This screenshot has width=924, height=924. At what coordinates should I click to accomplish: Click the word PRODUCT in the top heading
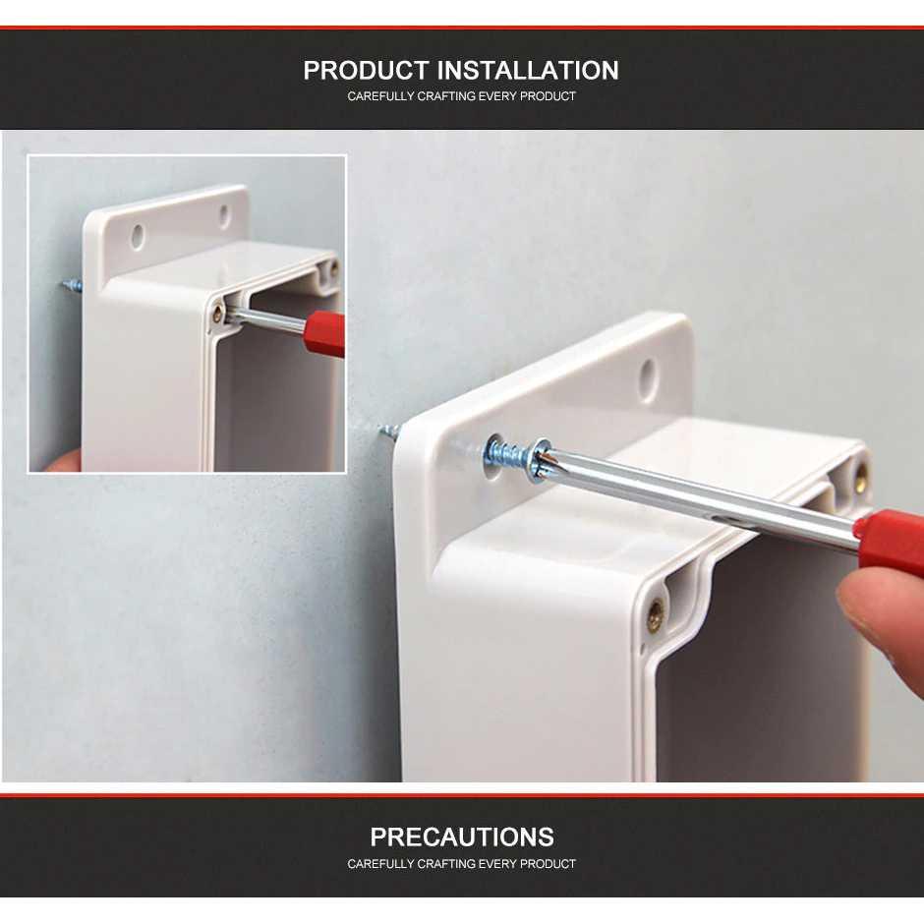click(366, 70)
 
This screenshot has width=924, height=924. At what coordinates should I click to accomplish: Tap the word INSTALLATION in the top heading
click(528, 70)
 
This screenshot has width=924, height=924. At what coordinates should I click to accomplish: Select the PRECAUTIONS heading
click(462, 837)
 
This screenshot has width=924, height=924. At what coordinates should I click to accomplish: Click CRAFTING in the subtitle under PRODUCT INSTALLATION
click(446, 96)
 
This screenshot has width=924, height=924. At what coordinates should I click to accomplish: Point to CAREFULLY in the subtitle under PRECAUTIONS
click(380, 864)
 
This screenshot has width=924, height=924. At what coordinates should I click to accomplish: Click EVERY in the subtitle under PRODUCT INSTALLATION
click(497, 96)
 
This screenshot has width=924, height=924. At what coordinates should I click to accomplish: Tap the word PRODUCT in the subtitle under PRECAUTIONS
click(548, 864)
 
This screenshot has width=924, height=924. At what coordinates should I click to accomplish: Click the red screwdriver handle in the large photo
click(893, 541)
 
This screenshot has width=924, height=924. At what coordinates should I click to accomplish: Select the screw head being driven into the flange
click(541, 460)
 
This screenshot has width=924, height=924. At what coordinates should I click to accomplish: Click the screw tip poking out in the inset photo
click(72, 287)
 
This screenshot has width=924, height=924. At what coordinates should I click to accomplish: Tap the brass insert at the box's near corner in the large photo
click(656, 615)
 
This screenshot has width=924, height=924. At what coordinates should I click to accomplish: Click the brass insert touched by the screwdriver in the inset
click(218, 313)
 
